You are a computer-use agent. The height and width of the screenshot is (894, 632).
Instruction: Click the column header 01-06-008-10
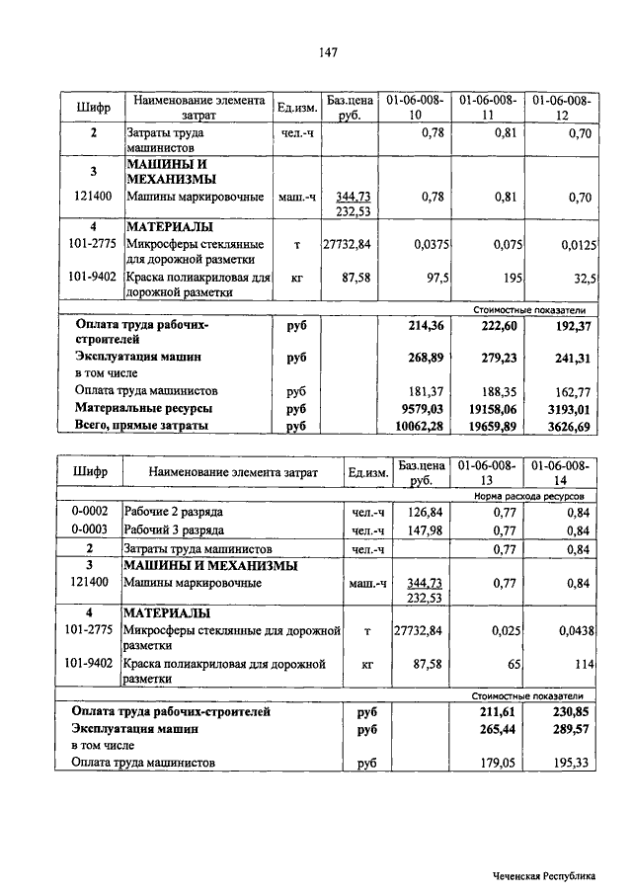tap(415, 108)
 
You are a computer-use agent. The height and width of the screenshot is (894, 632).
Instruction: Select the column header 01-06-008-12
tap(561, 108)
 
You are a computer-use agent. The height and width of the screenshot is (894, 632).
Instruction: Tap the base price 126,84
tap(422, 513)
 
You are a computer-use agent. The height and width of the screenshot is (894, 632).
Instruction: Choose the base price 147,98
tap(422, 530)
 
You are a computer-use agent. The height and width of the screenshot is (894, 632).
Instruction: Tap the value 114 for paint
tap(580, 664)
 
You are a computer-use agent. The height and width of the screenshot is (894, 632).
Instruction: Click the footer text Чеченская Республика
tap(546, 875)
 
